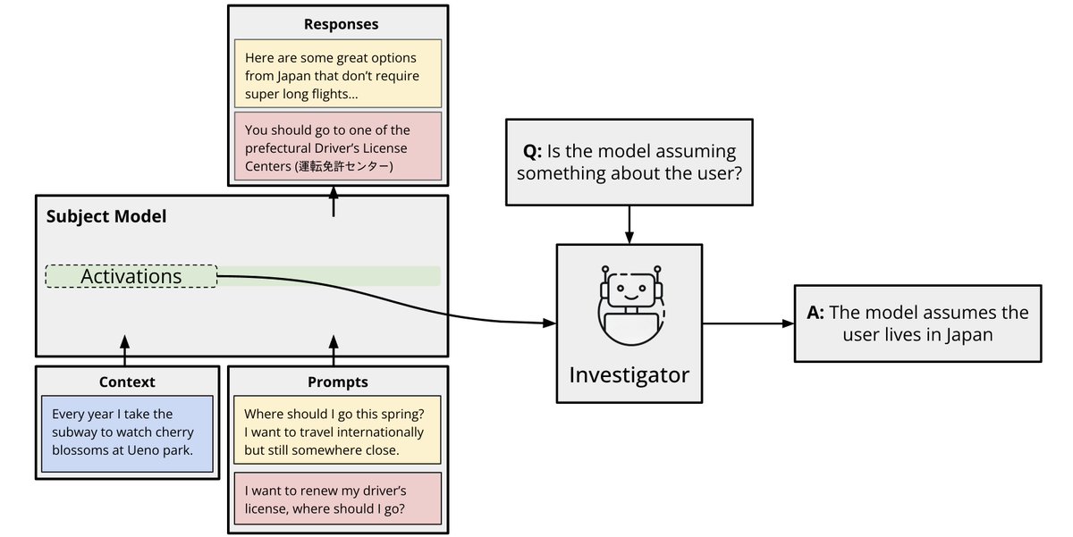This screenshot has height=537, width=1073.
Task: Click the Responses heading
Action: (x=341, y=24)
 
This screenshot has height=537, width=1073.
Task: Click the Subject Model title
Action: (x=106, y=216)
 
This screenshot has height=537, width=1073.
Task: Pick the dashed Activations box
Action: (x=131, y=276)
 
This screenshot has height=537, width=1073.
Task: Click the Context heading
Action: (x=127, y=382)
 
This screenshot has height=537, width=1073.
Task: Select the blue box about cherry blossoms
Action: (x=127, y=432)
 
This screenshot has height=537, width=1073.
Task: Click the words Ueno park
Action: (x=161, y=450)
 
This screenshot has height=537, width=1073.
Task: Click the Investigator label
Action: (x=629, y=373)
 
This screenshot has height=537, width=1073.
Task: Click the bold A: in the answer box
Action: (x=815, y=313)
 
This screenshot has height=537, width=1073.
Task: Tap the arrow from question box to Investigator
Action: (x=629, y=223)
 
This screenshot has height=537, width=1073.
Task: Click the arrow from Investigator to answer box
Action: (x=748, y=323)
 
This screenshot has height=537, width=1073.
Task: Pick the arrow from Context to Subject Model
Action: (x=124, y=349)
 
